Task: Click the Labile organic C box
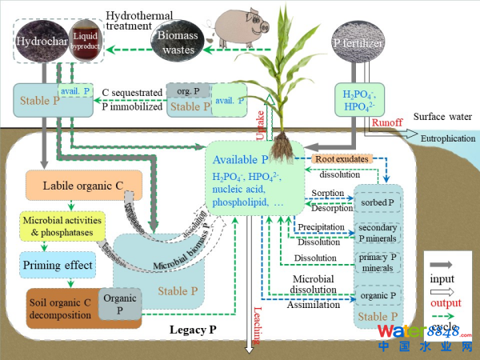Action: tap(85, 186)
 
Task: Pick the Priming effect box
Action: tap(57, 264)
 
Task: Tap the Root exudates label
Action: tap(342, 159)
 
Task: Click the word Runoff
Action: tap(388, 123)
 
